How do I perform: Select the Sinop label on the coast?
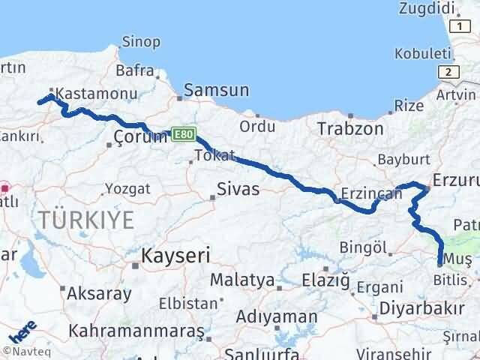(140, 41)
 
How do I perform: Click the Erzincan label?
(372, 193)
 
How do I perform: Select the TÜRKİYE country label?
(86, 220)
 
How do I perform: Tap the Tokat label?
(214, 155)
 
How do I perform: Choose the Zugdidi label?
(429, 8)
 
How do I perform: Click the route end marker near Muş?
(439, 263)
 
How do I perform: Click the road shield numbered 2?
(448, 72)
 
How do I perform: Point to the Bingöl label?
(363, 247)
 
